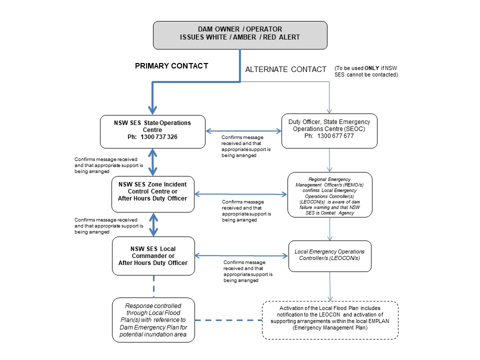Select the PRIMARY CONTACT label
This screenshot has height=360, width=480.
171,66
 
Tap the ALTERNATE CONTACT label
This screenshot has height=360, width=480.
285,69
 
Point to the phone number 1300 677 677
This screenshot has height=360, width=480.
336,135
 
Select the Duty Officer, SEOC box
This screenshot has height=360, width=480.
329,131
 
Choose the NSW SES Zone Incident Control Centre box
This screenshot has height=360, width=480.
152,194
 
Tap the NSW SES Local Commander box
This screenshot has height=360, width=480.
152,256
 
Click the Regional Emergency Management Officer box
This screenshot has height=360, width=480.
329,194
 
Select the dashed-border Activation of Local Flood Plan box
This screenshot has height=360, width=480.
329,320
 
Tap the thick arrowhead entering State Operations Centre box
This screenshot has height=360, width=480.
152,109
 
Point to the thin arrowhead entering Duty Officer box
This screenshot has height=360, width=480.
329,111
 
